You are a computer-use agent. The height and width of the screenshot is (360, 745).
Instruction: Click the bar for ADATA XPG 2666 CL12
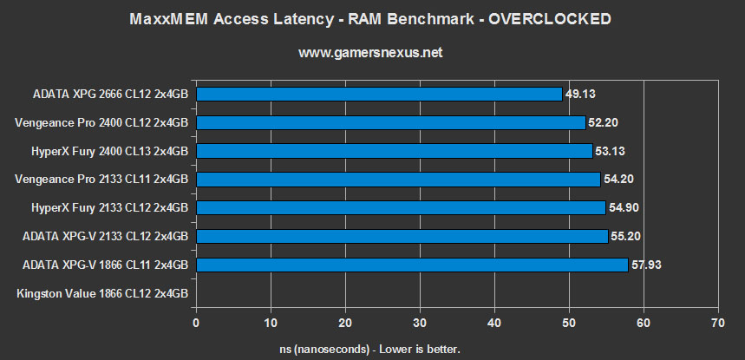click(x=379, y=94)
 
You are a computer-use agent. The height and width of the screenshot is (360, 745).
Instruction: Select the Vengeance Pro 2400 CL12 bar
click(x=390, y=122)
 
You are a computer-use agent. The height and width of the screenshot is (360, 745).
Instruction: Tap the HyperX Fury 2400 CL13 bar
click(x=394, y=151)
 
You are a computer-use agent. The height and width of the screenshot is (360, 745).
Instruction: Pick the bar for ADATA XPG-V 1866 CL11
click(x=412, y=265)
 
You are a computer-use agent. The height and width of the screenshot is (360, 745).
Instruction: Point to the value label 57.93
click(x=647, y=265)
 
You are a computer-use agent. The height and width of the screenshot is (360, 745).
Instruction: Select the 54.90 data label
click(x=624, y=207)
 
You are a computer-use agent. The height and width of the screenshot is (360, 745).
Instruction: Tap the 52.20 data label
click(x=604, y=122)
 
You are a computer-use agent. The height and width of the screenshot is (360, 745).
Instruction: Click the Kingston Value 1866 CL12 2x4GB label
click(x=102, y=293)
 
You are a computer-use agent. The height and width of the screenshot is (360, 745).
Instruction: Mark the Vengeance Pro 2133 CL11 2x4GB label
click(x=102, y=180)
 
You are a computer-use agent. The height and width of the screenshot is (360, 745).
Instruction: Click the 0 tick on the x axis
click(x=196, y=322)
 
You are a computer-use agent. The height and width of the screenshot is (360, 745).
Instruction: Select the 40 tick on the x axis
click(x=493, y=322)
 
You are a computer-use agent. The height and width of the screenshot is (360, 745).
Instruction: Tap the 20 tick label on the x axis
click(x=345, y=322)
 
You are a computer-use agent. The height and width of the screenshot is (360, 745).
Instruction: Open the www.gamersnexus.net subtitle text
click(x=372, y=52)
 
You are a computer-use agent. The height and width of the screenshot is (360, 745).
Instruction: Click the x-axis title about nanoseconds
click(x=373, y=348)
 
